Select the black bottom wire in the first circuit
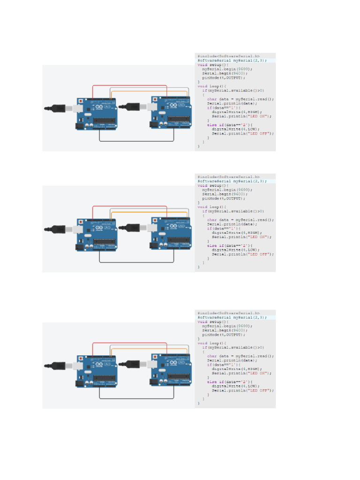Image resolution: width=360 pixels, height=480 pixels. pos(136,141)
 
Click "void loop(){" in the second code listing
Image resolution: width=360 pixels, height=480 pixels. pos(212,207)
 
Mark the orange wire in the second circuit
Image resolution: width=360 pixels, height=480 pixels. pos(150,212)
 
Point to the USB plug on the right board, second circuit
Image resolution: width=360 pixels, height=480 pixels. pos(132,228)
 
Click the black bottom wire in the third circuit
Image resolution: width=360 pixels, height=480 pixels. pos(136,398)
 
